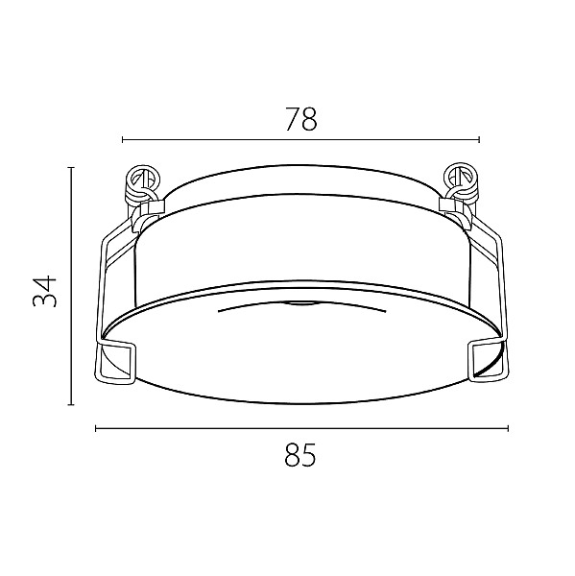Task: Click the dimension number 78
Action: [x=300, y=119]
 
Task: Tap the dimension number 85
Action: [x=300, y=454]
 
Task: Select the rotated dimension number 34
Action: [x=45, y=291]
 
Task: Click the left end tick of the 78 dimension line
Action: [x=123, y=139]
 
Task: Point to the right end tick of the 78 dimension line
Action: [x=479, y=139]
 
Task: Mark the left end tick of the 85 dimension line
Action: [x=96, y=428]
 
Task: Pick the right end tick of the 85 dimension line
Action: [x=508, y=428]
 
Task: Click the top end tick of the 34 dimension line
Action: [x=72, y=167]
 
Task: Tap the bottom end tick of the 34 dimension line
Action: [x=72, y=404]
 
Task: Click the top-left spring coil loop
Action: [x=143, y=182]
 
